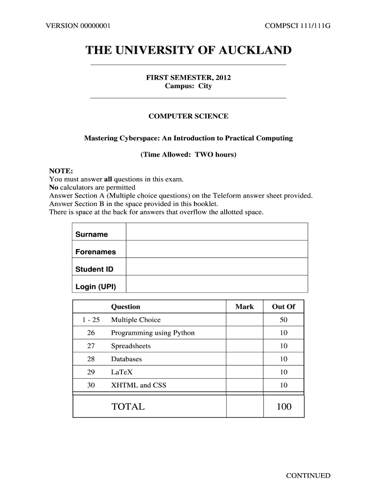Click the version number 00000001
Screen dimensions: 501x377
tap(93, 26)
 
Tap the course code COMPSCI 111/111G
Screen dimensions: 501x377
tap(298, 26)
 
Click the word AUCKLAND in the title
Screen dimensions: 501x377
tap(253, 50)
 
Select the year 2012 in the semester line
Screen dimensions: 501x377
tap(221, 78)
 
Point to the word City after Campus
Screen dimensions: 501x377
tap(205, 86)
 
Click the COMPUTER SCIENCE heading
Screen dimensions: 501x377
tap(188, 116)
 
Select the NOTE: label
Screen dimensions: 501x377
tap(61, 171)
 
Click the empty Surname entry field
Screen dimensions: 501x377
tap(217, 232)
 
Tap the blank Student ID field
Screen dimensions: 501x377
tap(217, 267)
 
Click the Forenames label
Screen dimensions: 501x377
tap(95, 252)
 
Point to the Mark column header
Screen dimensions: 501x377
tap(244, 307)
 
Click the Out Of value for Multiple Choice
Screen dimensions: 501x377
tap(283, 320)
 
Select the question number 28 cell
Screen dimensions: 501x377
tap(91, 359)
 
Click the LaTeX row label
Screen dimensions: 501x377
tap(122, 372)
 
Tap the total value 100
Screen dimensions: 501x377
tap(283, 407)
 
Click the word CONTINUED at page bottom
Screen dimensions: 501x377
tap(308, 476)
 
